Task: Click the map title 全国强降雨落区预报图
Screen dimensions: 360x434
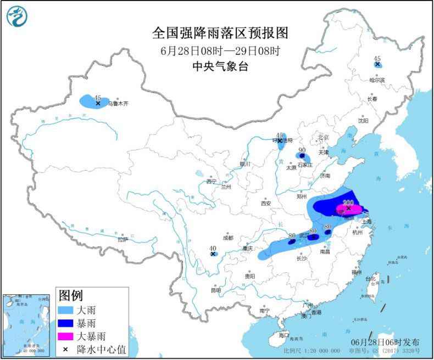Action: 220,33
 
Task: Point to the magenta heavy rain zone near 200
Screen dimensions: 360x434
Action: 350,209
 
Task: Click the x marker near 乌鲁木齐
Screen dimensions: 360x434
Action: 98,103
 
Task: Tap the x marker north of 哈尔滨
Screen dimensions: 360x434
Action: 377,65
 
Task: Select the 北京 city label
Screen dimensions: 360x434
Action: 322,137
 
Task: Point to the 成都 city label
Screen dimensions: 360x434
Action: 228,238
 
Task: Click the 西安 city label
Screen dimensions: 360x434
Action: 266,203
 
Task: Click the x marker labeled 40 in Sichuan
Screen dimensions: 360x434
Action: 213,254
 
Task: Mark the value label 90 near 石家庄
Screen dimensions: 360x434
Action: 302,150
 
